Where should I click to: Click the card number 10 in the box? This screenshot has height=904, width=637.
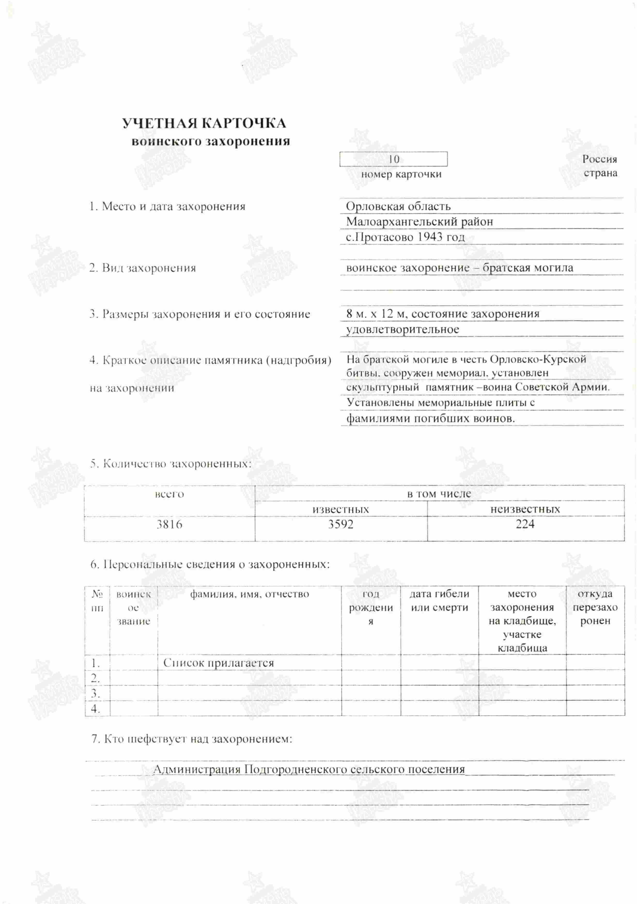(x=394, y=159)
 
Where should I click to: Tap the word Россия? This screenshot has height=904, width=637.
(x=599, y=159)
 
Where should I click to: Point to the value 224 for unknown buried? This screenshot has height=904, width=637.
(x=525, y=524)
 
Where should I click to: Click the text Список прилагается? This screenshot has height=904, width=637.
(x=219, y=663)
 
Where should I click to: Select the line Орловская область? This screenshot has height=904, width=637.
(x=398, y=206)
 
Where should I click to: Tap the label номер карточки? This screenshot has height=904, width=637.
(x=401, y=174)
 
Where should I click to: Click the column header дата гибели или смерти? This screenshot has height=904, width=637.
(x=439, y=601)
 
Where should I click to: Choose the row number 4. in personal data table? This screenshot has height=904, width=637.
(x=96, y=709)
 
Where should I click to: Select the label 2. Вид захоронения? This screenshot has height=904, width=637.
(x=143, y=268)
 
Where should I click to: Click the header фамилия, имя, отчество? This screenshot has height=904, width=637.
(x=249, y=594)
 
